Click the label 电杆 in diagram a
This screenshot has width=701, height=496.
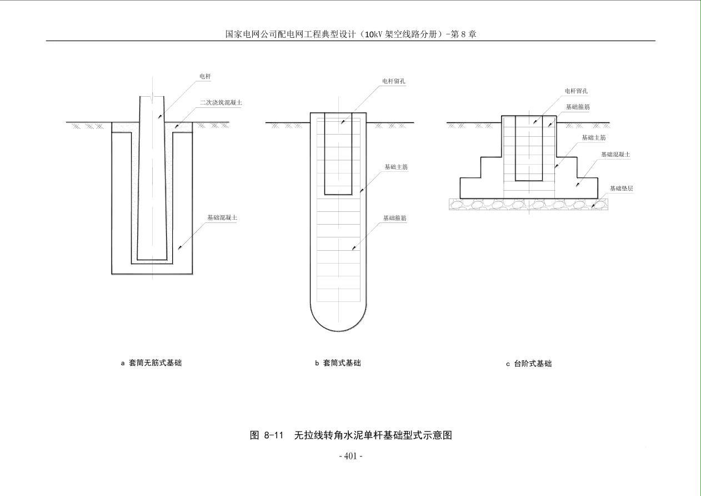click(205, 76)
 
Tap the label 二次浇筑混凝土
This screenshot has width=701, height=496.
click(221, 103)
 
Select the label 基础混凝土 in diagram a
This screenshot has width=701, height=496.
click(222, 217)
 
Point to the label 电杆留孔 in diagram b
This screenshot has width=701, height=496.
click(393, 81)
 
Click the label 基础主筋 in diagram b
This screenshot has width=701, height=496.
click(396, 167)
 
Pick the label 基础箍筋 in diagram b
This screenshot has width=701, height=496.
click(394, 219)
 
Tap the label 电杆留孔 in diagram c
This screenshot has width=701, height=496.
click(576, 91)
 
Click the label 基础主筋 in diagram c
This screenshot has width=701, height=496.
click(593, 137)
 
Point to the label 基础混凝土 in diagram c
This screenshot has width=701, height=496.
click(615, 155)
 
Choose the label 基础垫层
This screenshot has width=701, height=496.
click(621, 189)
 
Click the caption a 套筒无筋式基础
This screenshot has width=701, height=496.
click(151, 363)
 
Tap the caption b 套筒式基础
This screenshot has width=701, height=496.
click(338, 363)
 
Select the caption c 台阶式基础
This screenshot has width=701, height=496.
click(528, 364)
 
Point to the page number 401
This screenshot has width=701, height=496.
click(350, 456)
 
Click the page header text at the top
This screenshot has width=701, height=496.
click(350, 34)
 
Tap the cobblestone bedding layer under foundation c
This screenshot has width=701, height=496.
click(528, 204)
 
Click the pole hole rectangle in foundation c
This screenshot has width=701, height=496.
click(528, 148)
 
